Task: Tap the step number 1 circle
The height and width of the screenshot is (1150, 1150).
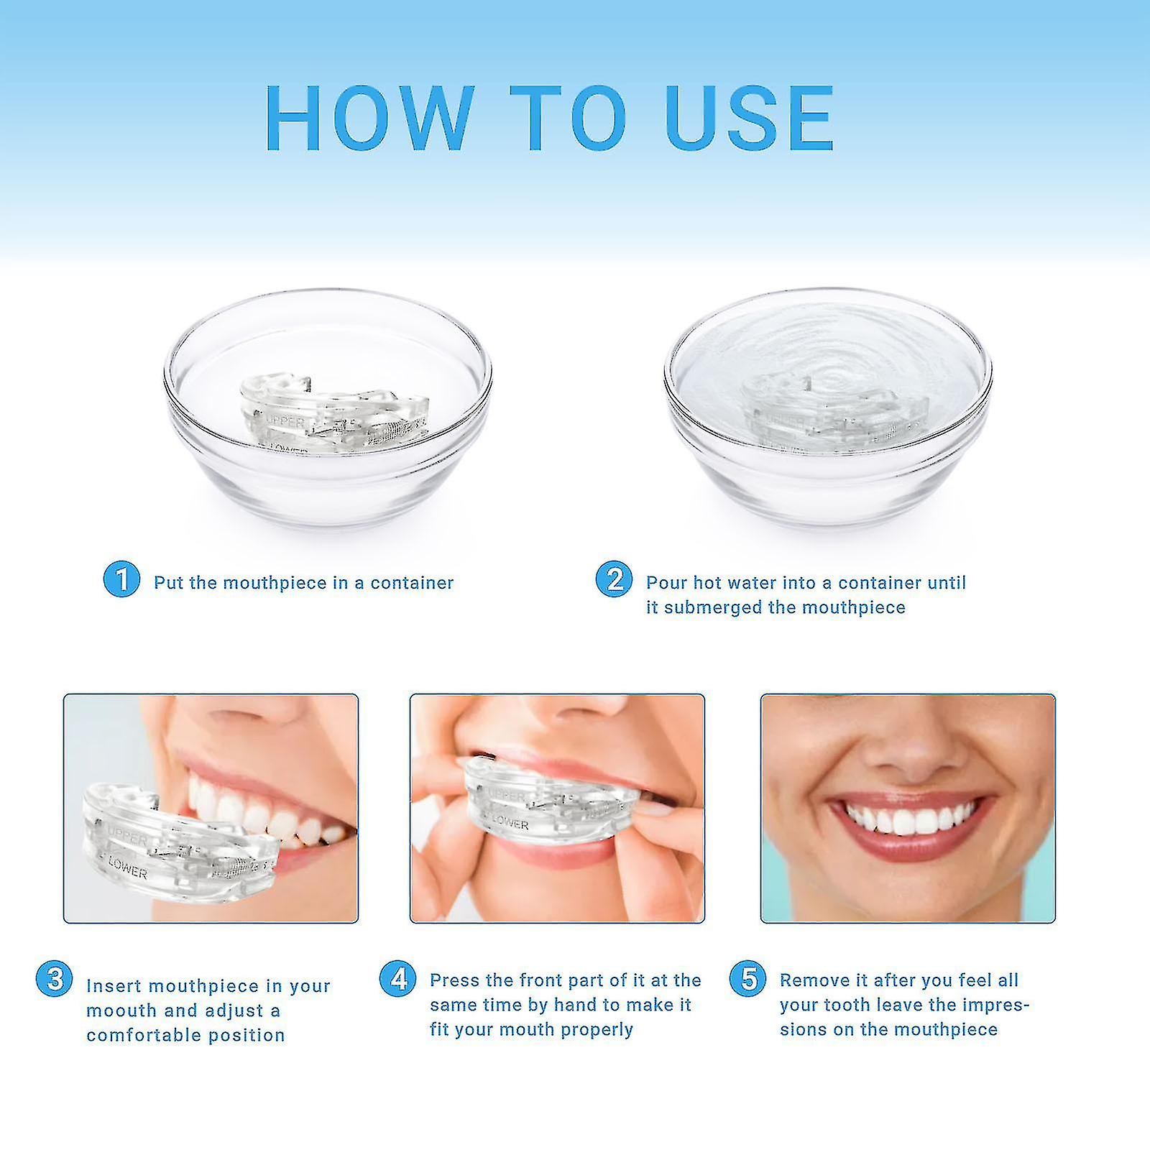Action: [121, 579]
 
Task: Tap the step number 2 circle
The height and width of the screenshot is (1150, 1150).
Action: [614, 579]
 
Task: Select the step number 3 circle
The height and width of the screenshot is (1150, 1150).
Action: [54, 979]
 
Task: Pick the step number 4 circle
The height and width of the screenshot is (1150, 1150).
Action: [397, 979]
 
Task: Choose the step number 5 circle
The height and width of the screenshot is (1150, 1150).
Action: [748, 979]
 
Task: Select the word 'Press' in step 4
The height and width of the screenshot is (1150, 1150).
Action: [454, 980]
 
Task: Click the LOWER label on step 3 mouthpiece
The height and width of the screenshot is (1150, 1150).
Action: [126, 873]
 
